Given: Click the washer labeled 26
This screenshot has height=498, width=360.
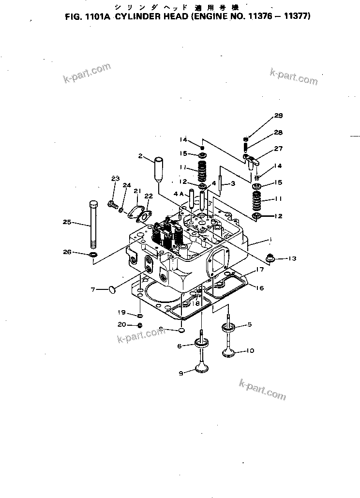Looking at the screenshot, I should pos(92,254).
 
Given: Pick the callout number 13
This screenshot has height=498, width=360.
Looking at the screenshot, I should pos(292,259).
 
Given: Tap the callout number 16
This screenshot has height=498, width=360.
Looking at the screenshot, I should pos(260,288).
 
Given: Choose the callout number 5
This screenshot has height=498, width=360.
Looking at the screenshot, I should pos(250,324).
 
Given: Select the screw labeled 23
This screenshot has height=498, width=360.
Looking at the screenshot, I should pos(112,205).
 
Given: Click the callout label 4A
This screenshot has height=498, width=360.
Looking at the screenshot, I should pos(178,195).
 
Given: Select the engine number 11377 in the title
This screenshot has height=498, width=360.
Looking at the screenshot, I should pos(296,15).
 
